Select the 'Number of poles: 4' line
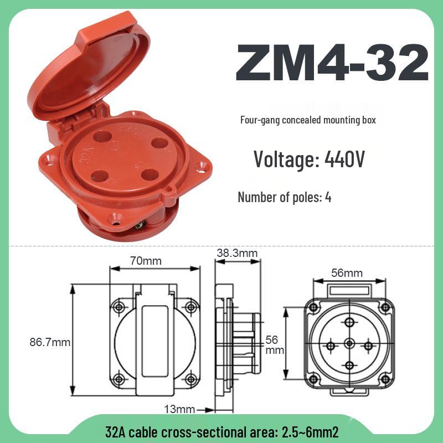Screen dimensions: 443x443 tap(285, 197)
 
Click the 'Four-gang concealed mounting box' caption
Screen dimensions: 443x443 tap(309, 120)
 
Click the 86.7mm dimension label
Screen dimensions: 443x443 tap(50, 342)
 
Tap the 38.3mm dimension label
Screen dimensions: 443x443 tap(236, 253)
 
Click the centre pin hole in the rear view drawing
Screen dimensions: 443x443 tap(349, 344)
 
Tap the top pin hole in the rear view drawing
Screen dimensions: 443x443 tap(349, 323)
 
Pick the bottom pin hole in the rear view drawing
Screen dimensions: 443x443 tap(349, 364)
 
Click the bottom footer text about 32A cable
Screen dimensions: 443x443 tap(221, 431)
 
